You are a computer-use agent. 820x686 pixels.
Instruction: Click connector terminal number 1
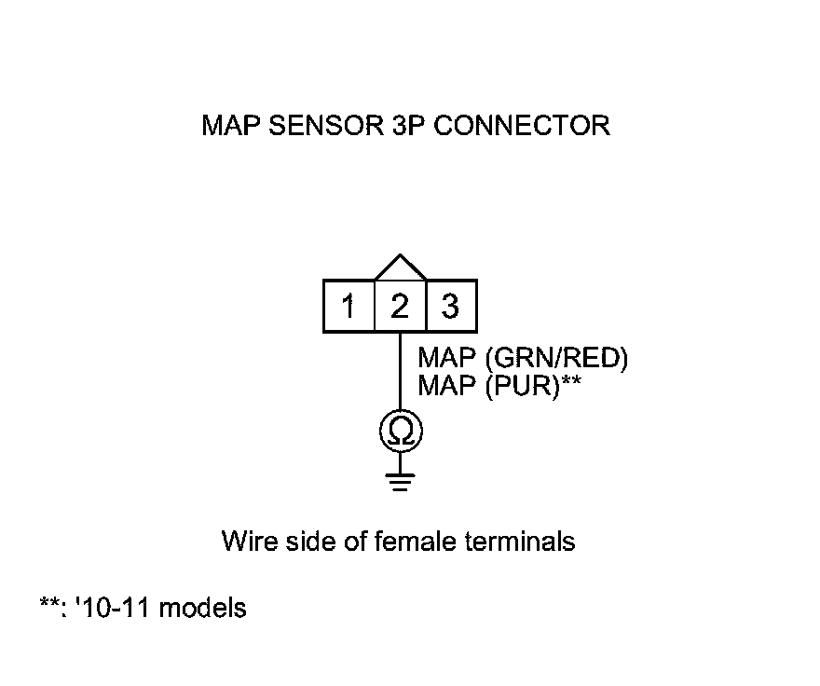(x=348, y=307)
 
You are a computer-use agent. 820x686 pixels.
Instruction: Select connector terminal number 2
(x=400, y=307)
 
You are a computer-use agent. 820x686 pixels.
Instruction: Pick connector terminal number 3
(x=451, y=307)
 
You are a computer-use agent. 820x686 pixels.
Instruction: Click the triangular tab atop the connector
(x=400, y=268)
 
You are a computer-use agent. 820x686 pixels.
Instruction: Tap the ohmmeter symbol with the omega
(x=401, y=431)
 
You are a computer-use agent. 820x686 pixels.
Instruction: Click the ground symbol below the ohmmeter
(x=401, y=480)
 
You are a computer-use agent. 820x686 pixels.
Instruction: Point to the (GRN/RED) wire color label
(x=556, y=359)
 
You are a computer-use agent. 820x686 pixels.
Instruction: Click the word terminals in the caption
(x=519, y=542)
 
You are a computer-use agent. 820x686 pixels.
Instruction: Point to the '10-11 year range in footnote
(x=114, y=609)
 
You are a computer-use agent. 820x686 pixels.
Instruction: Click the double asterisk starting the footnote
(x=48, y=606)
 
